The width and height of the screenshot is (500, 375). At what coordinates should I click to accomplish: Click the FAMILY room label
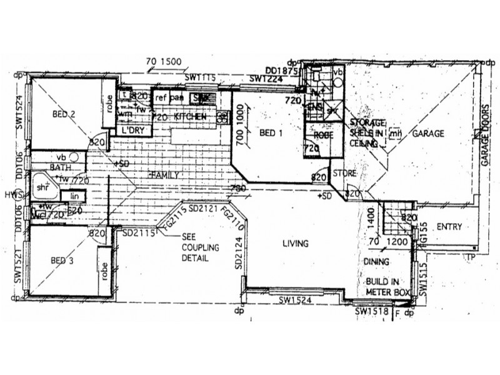coord(164,175)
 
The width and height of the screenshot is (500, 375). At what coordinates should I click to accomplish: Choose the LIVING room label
coord(296,243)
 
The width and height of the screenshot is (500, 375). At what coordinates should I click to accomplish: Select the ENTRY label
coord(449,226)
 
